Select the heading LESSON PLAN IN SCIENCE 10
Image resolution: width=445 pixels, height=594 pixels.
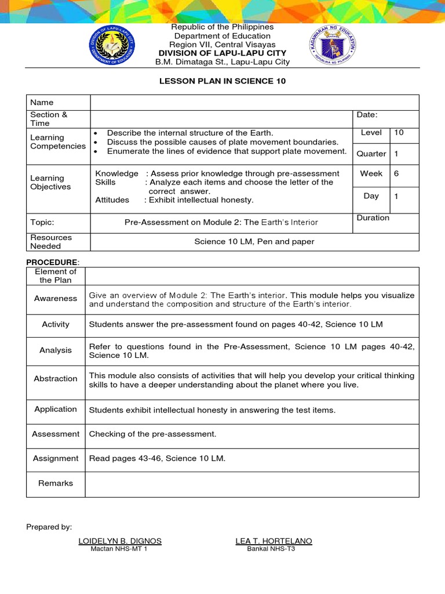[x=222, y=81]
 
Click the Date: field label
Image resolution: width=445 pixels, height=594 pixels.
[x=367, y=115]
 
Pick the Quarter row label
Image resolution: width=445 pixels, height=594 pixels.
[x=371, y=154]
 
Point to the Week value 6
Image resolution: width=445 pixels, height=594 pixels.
[x=397, y=173]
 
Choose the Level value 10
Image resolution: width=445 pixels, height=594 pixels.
[x=399, y=133]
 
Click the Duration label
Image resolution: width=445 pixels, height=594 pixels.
[x=373, y=218]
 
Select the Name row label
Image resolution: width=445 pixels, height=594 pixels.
[x=41, y=102]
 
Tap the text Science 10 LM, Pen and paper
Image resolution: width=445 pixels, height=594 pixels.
[x=254, y=241]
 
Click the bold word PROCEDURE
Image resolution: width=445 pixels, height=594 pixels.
[x=50, y=262]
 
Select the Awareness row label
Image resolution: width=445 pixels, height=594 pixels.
[x=56, y=298]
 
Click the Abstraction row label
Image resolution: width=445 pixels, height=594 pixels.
[x=56, y=378]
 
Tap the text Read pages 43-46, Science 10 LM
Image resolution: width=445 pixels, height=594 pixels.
[x=157, y=458]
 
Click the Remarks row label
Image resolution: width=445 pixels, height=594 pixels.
[x=56, y=483]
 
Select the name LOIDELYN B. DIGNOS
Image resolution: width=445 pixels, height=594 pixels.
[x=120, y=541]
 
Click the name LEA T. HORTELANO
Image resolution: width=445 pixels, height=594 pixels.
[x=273, y=541]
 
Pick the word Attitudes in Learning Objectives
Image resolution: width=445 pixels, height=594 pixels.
[x=112, y=200]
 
